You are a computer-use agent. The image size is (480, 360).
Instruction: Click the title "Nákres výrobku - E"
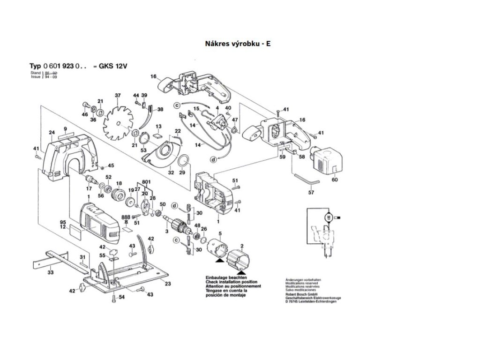pos(238,44)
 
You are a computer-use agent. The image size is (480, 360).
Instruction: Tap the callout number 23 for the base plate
pos(168,283)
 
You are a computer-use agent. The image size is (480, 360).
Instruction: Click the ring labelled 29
pos(184,161)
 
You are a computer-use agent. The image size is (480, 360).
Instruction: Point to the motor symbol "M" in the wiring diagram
pos(329,217)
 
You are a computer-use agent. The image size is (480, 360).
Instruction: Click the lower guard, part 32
pos(165,156)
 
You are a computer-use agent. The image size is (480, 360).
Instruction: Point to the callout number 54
pos(121,298)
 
